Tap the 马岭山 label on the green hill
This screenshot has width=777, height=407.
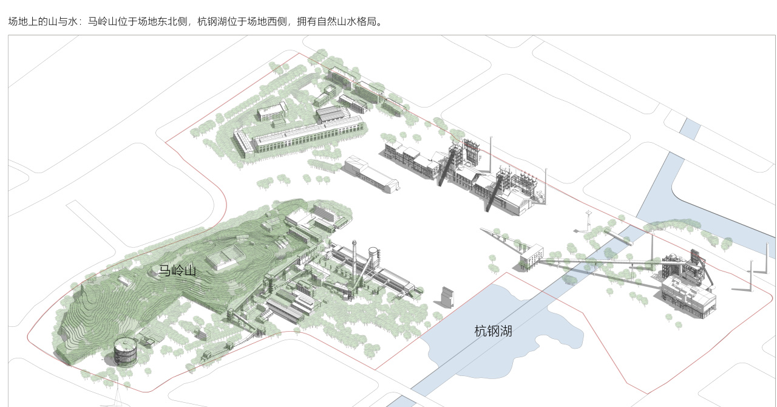[x=177, y=271]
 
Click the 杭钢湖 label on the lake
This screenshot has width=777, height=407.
[x=493, y=331]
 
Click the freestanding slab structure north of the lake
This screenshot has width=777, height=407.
[x=448, y=298]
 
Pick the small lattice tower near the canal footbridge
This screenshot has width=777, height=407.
[x=588, y=219]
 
